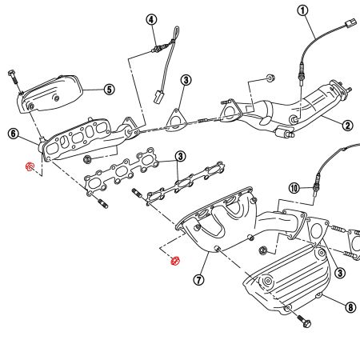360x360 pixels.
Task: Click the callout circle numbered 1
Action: click(x=302, y=10)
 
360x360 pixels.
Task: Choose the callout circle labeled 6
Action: click(x=14, y=135)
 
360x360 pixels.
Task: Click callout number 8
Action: click(x=350, y=305)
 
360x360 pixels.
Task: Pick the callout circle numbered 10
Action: click(x=294, y=188)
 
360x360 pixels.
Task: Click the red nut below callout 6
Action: click(x=30, y=166)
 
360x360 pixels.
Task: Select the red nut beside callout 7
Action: click(x=175, y=262)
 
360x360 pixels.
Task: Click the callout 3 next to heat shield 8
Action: click(x=340, y=274)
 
